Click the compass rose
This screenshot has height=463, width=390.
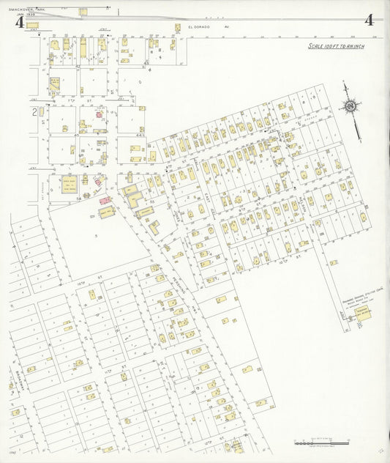pos(351,108)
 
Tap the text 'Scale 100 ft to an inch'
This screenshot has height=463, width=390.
pos(337,46)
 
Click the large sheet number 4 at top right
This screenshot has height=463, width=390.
pos(370,20)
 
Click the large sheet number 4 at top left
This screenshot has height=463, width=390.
pos(18,21)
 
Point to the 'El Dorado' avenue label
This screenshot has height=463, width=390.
pos(199,26)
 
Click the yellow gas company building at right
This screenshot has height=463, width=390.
pos(362,313)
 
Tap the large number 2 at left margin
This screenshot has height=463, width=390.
pos(34,112)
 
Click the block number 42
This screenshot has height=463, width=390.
pos(77,66)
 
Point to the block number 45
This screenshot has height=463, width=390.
pos(77,135)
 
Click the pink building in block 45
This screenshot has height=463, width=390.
pos(100,115)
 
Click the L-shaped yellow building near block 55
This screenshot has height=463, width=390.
pos(134,197)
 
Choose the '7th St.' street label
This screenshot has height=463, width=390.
pos(72,98)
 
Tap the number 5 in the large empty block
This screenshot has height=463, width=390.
pos(95,235)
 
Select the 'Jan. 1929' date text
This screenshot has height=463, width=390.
pos(26,14)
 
